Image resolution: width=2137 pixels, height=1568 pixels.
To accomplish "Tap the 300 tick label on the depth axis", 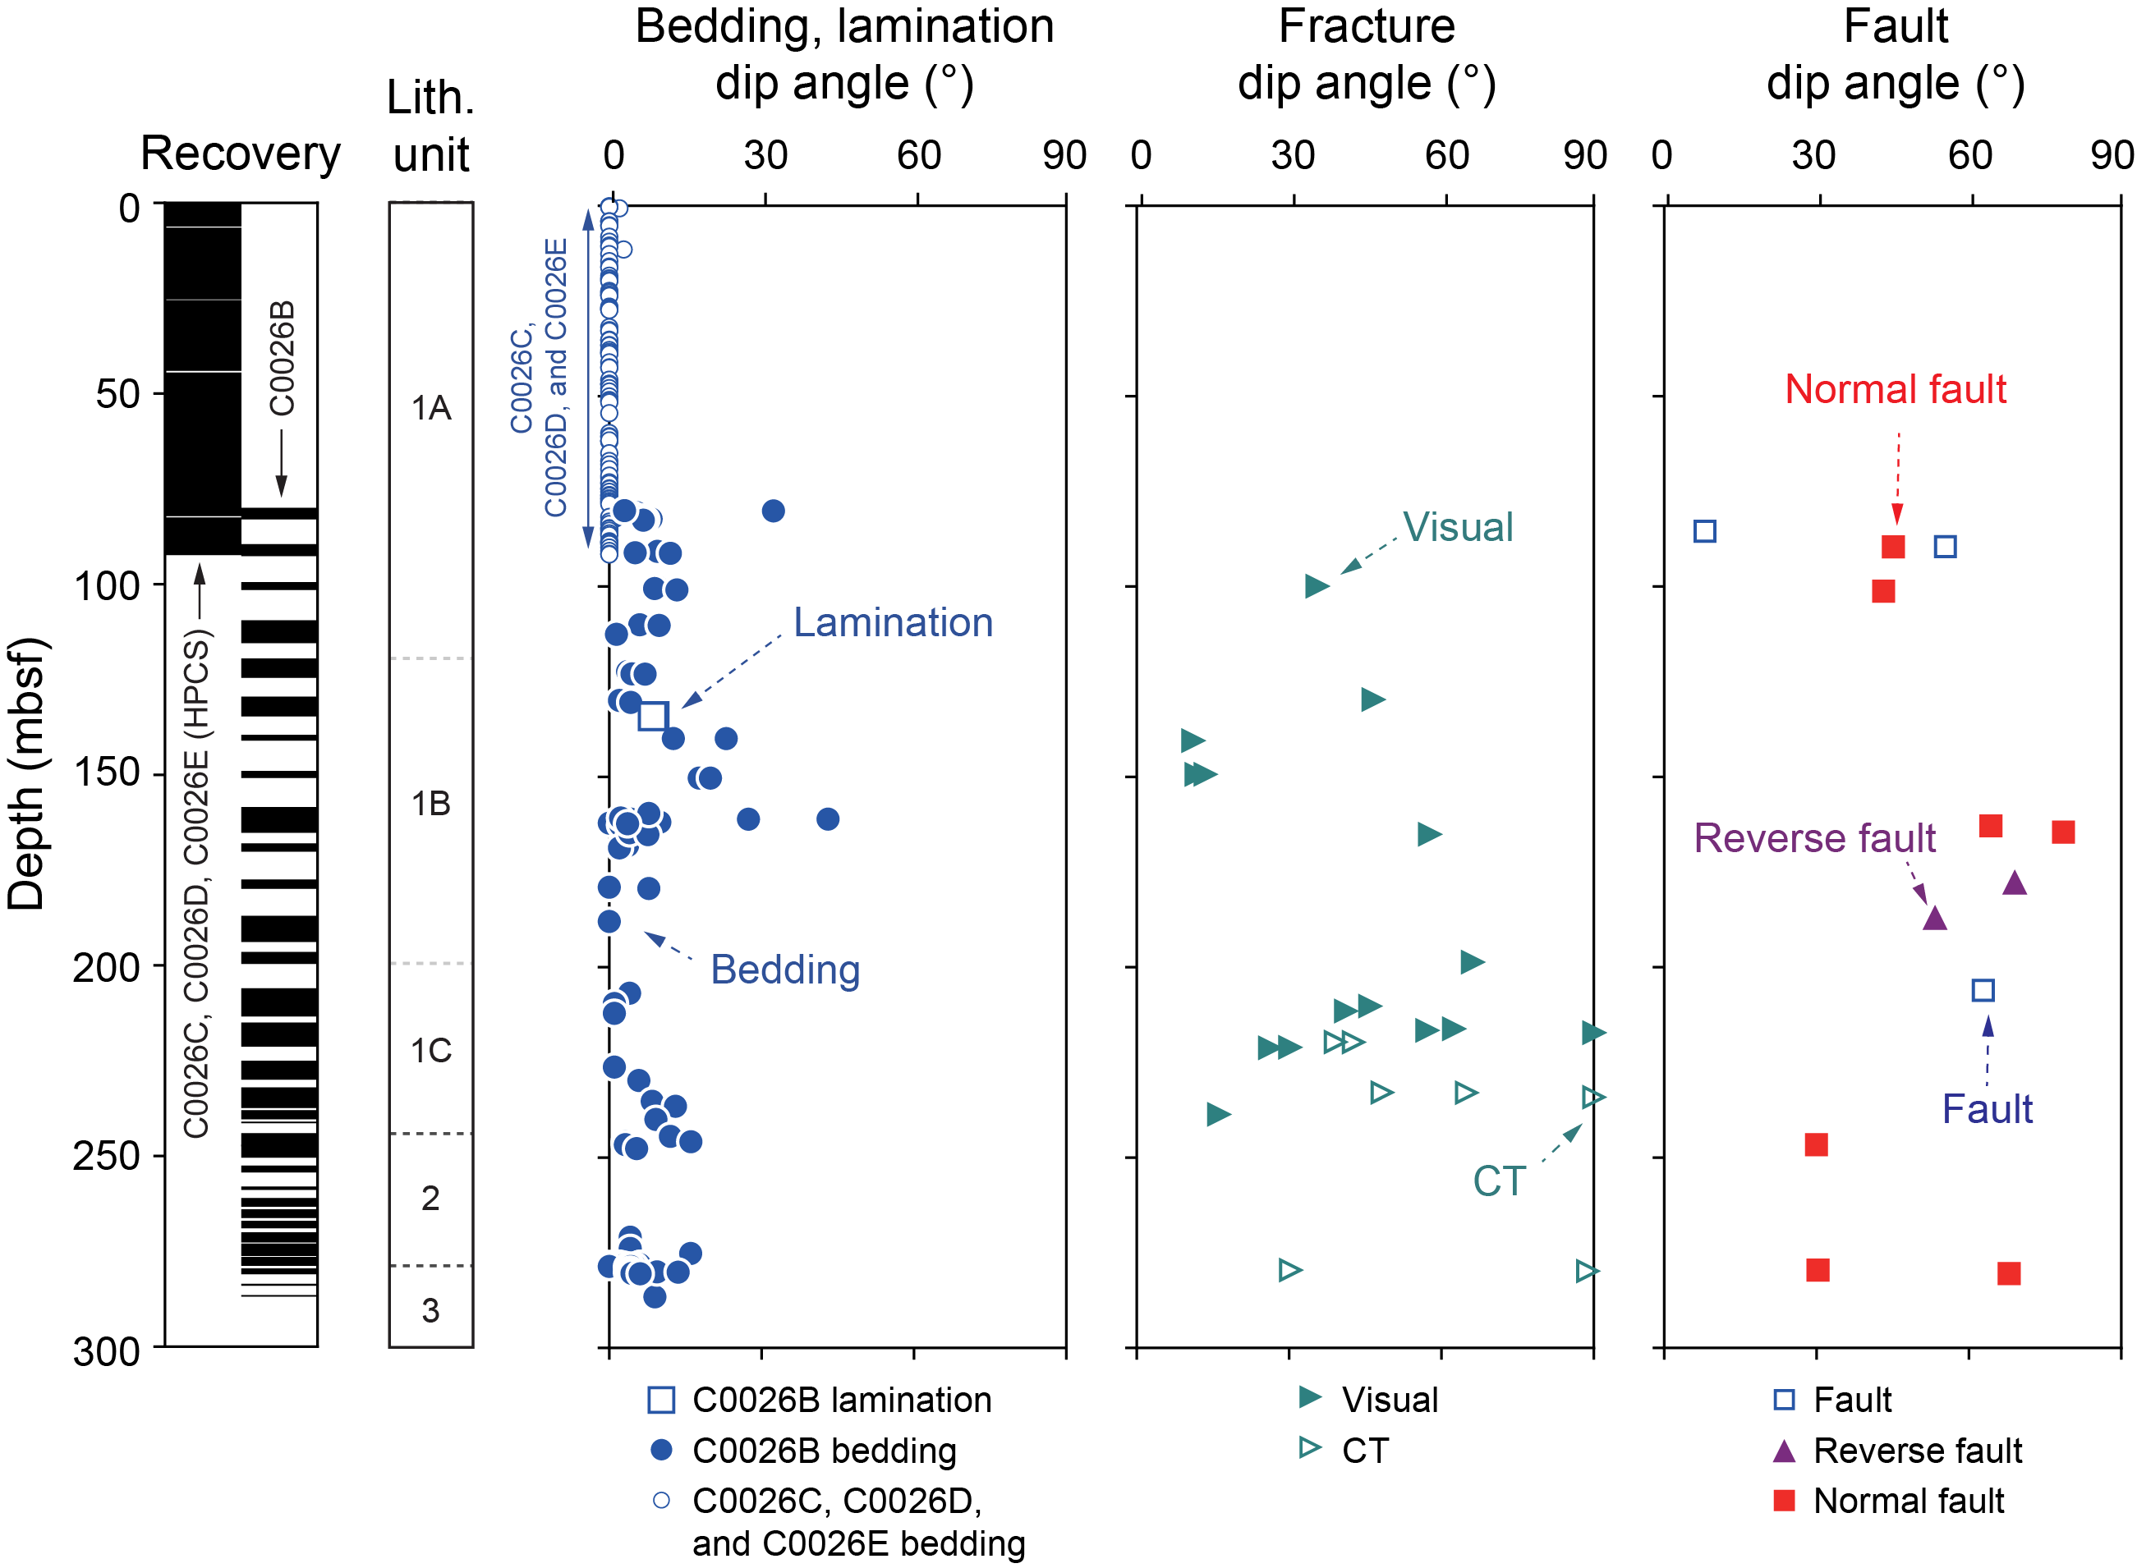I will pos(106,1350).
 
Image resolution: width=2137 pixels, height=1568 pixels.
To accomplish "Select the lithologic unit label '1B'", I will pos(430,804).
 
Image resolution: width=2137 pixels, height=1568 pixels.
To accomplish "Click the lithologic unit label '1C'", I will pos(430,1051).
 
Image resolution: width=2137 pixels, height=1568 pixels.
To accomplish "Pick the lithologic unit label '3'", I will pos(430,1311).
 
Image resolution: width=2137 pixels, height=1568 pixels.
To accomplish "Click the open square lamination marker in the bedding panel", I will pos(653,716).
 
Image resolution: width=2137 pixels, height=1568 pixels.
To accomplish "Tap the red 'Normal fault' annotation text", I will pos(1895,389).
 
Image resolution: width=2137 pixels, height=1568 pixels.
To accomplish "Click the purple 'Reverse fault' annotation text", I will pos(1814,838).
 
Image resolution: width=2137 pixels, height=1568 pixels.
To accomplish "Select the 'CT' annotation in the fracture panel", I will pos(1499,1181).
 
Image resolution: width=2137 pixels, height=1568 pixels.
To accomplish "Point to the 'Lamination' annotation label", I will pos(893,622).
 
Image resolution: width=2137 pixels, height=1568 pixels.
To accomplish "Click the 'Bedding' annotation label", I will pos(785,970).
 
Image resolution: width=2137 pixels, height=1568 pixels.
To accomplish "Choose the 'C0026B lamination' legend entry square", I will pos(661,1400).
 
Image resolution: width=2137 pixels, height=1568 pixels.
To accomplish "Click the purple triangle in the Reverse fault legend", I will pos(1784,1451).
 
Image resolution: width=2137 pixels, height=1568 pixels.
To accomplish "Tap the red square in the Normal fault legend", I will pos(1784,1501).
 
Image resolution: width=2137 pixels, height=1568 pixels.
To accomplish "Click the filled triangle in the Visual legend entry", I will pos(1310,1396).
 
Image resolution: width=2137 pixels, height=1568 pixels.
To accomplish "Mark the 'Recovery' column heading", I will pos(240,154).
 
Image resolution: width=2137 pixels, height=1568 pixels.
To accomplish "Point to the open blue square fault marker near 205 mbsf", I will pos(1983,990).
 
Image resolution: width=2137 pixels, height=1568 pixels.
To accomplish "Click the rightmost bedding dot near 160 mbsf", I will pos(827,819).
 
